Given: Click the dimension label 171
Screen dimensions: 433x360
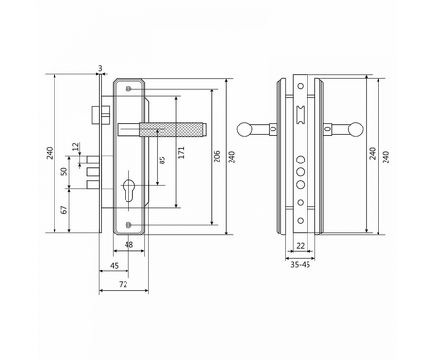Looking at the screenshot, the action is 182,152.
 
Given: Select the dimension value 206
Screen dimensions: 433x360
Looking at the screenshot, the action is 217,156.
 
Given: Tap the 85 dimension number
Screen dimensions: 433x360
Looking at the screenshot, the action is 162,160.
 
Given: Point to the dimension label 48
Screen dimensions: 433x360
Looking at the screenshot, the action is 128,245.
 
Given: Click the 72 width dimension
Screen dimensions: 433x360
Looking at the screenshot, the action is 123,284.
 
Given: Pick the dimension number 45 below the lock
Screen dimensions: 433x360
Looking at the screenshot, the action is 114,265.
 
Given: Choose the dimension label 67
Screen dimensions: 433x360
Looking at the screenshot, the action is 64,209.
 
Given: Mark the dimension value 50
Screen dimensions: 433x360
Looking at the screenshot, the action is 64,171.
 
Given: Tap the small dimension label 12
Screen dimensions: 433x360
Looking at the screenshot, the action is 76,147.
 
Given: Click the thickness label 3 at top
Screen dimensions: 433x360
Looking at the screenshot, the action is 100,68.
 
